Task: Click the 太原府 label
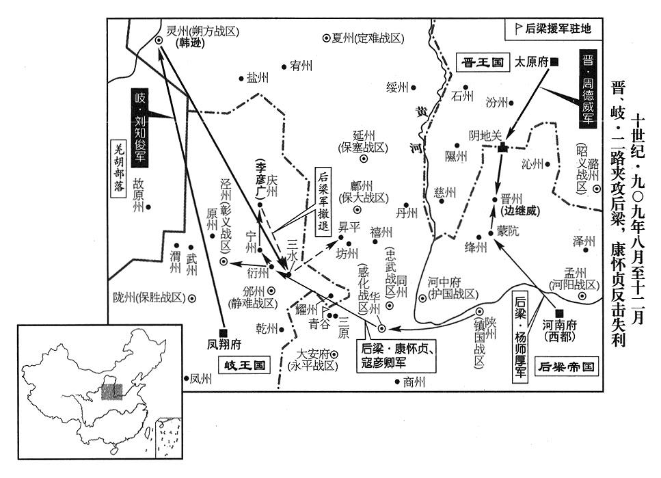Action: click(x=532, y=62)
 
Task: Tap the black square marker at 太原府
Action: click(x=555, y=62)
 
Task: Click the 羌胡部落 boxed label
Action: click(x=120, y=168)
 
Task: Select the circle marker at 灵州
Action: click(x=159, y=41)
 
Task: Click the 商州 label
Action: click(x=413, y=381)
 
